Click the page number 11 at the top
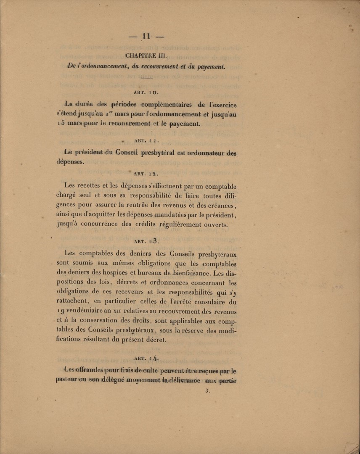(146, 36)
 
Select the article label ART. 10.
(146, 91)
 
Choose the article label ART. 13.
(146, 241)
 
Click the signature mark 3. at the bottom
(207, 391)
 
